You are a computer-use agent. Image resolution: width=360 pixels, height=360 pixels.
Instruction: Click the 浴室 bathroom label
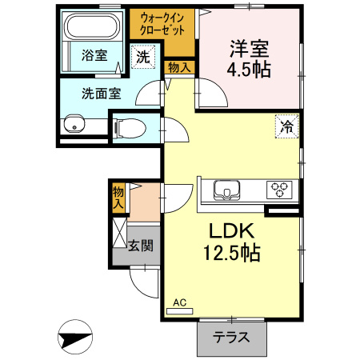point(94,55)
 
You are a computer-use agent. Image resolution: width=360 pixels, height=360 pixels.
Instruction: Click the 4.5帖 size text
point(248,70)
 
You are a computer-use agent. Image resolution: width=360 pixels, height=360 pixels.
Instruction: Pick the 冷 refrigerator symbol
point(286,125)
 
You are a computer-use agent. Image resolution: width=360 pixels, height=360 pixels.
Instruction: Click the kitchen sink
point(226,190)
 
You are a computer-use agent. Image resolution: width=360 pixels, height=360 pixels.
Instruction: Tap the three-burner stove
point(279,190)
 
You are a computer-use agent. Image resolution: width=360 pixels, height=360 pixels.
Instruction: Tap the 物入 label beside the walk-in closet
point(179,67)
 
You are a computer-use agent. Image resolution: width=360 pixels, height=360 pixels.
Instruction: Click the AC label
point(180,302)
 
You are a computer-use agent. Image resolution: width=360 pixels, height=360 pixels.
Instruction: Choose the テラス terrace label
point(230,337)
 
